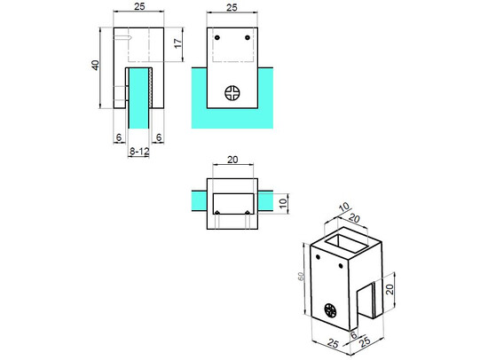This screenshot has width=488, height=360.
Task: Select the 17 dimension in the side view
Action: point(177,43)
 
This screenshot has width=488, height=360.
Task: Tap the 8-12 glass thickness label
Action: point(139,153)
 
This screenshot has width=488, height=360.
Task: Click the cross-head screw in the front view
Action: point(233,91)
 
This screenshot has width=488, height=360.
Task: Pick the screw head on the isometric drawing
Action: point(331,310)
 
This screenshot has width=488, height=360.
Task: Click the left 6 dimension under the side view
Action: point(118,137)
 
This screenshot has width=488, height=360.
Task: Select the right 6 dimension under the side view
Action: point(159,137)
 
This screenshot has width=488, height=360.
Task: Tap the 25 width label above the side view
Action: point(139,7)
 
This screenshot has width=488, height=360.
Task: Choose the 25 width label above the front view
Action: point(232,7)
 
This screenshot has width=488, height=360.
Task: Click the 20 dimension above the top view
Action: point(232,160)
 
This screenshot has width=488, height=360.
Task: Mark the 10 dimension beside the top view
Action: point(284,204)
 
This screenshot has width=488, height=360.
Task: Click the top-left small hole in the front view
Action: point(219,37)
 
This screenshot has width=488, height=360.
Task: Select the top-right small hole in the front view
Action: point(246,37)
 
